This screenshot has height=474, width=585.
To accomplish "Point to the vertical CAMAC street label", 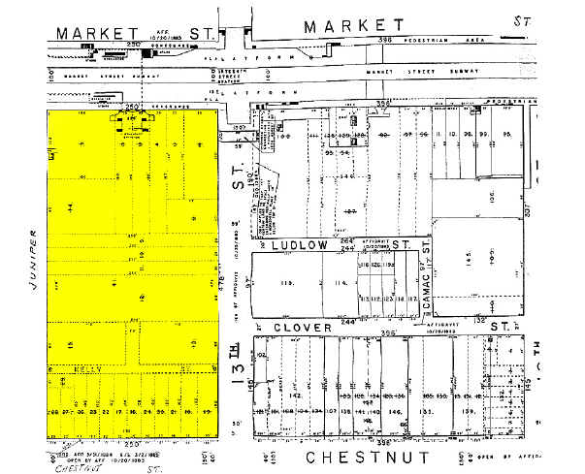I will pos(428,287).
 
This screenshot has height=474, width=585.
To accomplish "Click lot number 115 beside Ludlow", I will pos(285,283).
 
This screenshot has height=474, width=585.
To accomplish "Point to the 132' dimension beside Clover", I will pos(478,319).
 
